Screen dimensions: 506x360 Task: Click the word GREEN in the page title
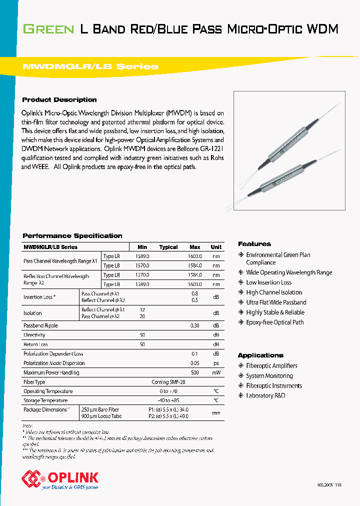click(48, 29)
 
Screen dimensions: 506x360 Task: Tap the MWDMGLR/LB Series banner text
click(90, 66)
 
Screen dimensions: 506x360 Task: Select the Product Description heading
click(59, 99)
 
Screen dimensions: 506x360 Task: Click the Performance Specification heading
click(72, 235)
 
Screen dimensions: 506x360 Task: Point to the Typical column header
click(168, 247)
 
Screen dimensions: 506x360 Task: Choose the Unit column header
click(216, 247)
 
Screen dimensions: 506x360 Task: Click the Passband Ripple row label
click(41, 325)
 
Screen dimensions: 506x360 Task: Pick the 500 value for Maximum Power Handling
click(195, 372)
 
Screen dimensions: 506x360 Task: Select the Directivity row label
click(34, 335)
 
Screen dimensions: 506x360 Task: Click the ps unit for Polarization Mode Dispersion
click(216, 363)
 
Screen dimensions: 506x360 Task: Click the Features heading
click(254, 244)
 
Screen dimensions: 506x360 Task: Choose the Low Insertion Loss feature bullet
click(268, 282)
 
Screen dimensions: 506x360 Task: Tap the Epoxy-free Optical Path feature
click(274, 322)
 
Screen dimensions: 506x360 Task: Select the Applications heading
click(260, 355)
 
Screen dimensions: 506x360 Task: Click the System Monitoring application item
click(269, 376)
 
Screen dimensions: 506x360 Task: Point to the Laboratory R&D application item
click(265, 396)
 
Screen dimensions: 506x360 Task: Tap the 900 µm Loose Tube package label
click(101, 416)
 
